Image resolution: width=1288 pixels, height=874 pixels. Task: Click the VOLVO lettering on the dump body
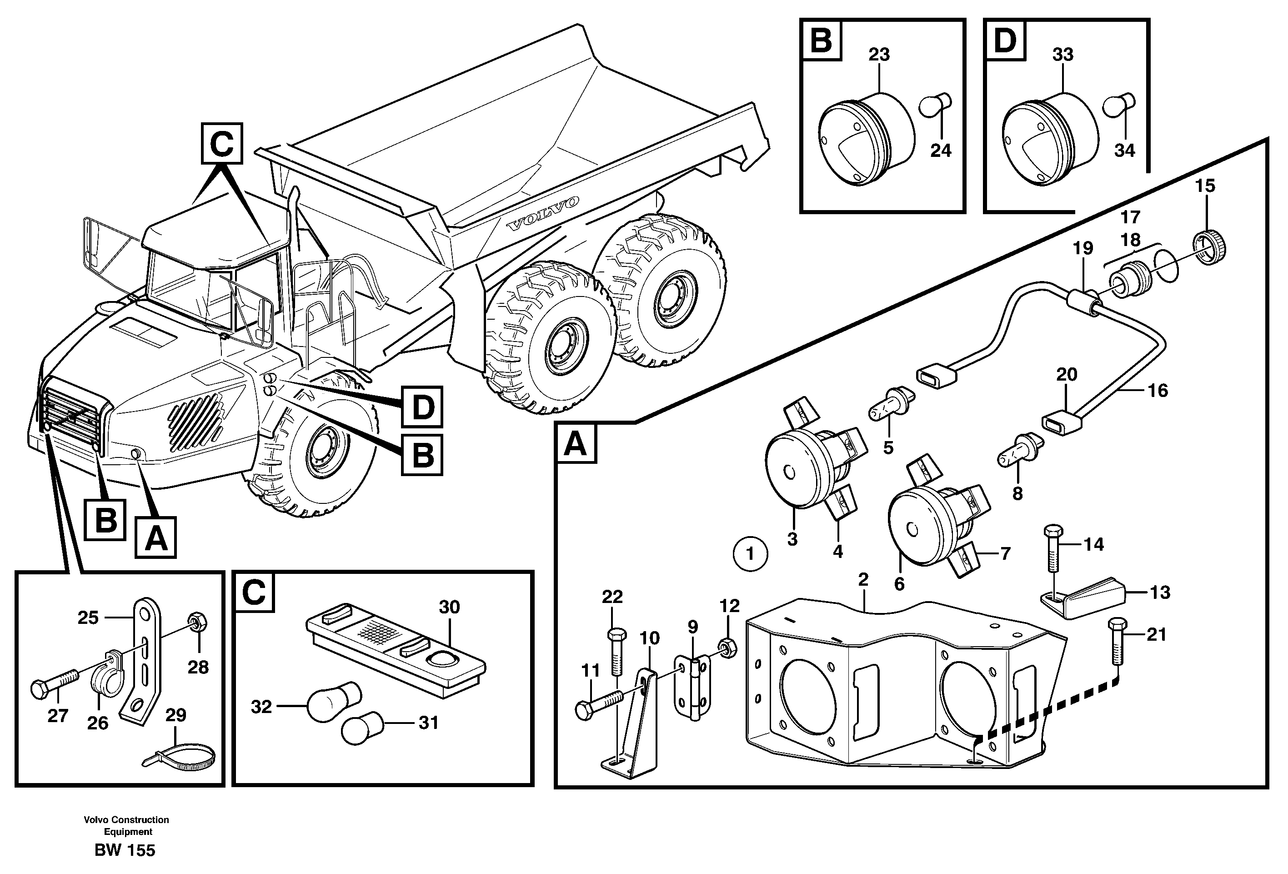(543, 213)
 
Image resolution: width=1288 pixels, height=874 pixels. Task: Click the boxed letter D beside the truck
(422, 407)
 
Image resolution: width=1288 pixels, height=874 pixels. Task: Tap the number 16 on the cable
(1158, 390)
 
